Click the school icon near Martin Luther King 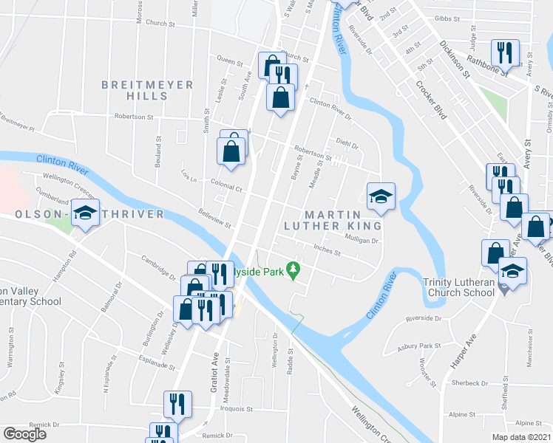click(381, 196)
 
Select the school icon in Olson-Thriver click(86, 214)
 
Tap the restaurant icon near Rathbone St click(505, 52)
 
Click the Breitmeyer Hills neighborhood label click(148, 91)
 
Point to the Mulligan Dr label click(362, 239)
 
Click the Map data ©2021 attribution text click(521, 437)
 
